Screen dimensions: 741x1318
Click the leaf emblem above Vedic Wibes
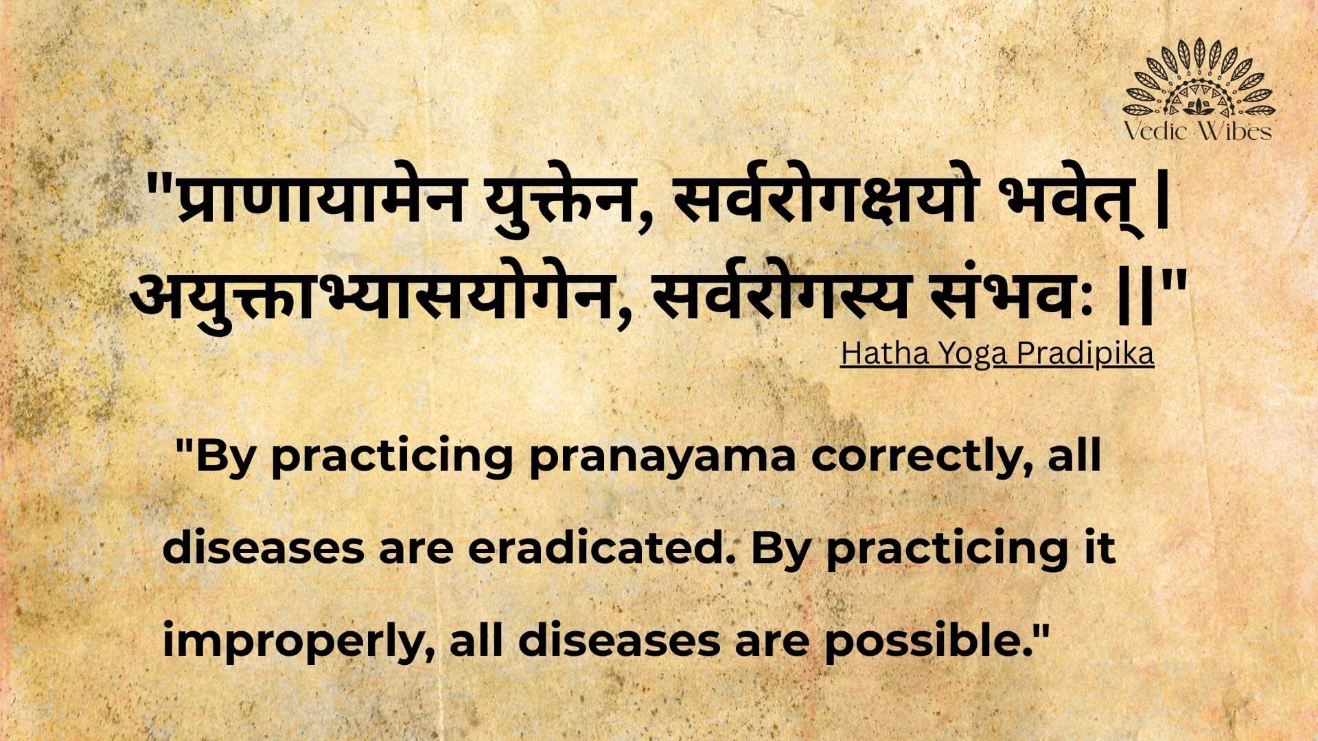[1199, 79]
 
